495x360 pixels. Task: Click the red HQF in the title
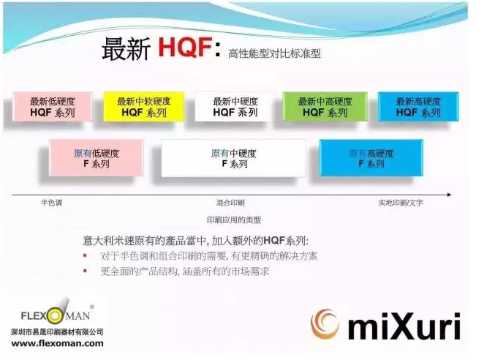pos(185,47)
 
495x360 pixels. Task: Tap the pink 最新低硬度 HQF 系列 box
pos(53,107)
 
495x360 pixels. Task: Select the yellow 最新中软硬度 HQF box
pos(143,107)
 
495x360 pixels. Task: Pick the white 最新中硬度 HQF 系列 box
pos(235,107)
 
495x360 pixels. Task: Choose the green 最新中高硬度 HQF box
pos(325,107)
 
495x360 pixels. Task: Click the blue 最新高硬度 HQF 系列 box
pos(418,107)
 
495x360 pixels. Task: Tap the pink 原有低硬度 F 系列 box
pos(97,158)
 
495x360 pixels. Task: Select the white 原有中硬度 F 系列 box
pos(234,158)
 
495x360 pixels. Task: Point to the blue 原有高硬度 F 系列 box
pos(371,158)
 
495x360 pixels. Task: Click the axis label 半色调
pos(51,203)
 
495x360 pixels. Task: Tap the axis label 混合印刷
pos(230,203)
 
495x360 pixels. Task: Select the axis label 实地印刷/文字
pos(401,203)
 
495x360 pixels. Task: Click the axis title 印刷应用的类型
pos(234,220)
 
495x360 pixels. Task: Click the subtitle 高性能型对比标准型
pos(274,53)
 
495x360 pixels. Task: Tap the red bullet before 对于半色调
pos(85,255)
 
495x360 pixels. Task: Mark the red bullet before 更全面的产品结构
pos(85,271)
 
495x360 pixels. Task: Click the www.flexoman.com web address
pos(57,343)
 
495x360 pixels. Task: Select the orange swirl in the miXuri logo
pos(325,323)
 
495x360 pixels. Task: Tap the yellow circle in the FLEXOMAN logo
pos(55,316)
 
